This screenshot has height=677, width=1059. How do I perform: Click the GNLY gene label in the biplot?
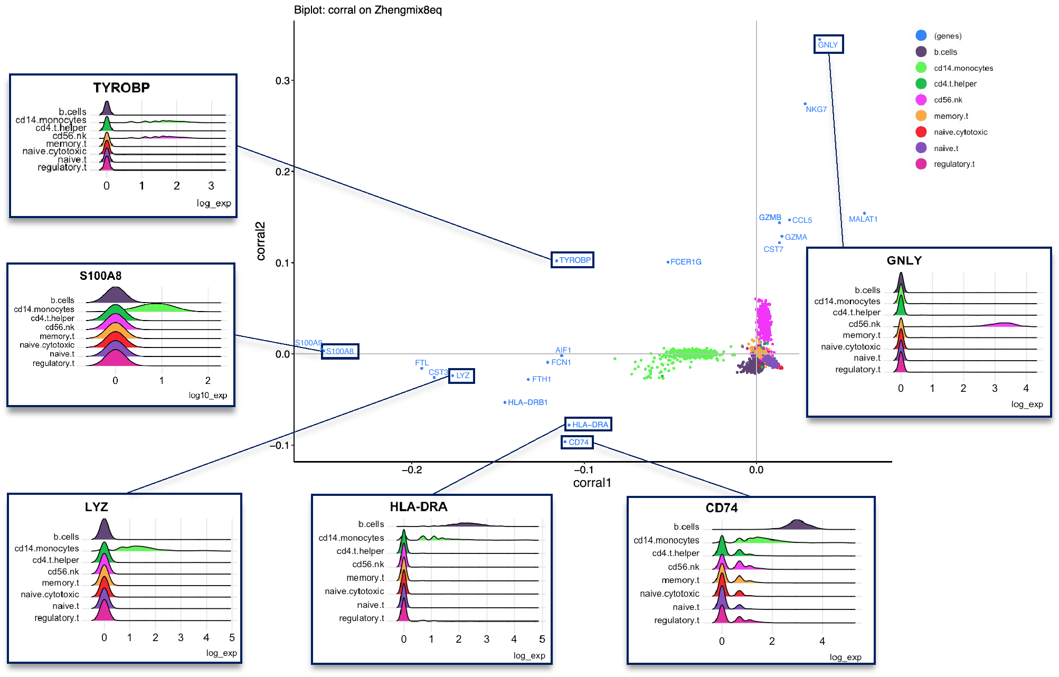(x=828, y=45)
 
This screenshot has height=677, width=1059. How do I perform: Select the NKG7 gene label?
(x=816, y=109)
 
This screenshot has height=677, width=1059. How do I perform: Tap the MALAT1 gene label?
(x=863, y=219)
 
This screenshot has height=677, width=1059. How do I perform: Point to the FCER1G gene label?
(x=686, y=262)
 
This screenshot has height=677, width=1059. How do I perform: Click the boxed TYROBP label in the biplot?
(x=574, y=260)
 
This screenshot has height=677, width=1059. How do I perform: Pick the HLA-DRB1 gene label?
(x=527, y=402)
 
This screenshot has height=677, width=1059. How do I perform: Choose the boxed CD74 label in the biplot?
(x=578, y=443)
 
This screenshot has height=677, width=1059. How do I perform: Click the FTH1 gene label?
(x=541, y=379)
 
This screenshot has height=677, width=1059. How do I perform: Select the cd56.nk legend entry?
(x=948, y=100)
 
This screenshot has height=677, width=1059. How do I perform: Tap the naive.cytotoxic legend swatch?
(x=921, y=132)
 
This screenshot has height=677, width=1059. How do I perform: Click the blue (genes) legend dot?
(x=921, y=35)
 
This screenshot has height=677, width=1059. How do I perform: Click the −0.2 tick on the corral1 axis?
(x=412, y=470)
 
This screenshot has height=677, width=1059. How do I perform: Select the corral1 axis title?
(x=592, y=483)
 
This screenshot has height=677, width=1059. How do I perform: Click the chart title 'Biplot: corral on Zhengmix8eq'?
(x=368, y=10)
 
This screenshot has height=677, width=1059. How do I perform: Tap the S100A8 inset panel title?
(x=100, y=276)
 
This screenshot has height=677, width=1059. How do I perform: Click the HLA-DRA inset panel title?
(x=418, y=507)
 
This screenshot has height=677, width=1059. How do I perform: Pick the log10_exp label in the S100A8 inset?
(x=208, y=396)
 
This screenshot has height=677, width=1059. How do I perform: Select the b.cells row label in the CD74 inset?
(x=686, y=527)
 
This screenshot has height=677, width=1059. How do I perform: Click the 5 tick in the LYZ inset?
(x=232, y=638)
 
